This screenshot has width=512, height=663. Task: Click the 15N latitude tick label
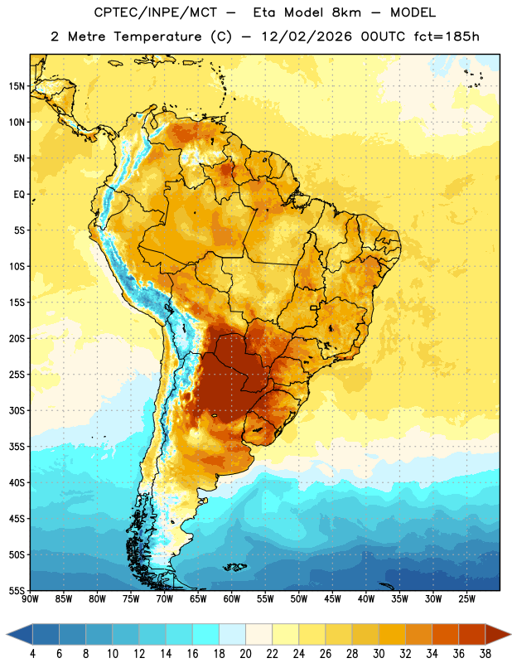17,86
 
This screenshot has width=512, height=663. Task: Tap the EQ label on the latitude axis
19,195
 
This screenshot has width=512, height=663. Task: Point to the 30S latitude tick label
17,410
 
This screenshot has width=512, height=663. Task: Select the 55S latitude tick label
17,591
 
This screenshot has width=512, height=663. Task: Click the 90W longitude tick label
30,599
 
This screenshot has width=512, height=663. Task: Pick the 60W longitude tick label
232,599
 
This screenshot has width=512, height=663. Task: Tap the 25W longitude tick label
466,599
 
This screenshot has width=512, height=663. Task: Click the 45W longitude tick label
332,599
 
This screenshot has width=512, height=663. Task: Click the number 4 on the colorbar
32,654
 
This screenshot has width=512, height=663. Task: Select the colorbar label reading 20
245,654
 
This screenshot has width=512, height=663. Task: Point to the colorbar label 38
485,654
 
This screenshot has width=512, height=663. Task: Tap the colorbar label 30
379,654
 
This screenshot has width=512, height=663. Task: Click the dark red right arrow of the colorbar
498,634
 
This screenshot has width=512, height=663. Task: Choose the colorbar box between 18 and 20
232,634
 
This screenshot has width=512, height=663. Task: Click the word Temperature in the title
157,36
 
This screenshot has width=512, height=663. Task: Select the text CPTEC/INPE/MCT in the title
155,12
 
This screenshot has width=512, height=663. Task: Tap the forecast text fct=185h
447,36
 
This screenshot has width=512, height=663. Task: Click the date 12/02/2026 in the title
307,36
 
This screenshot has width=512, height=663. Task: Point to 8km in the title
346,12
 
